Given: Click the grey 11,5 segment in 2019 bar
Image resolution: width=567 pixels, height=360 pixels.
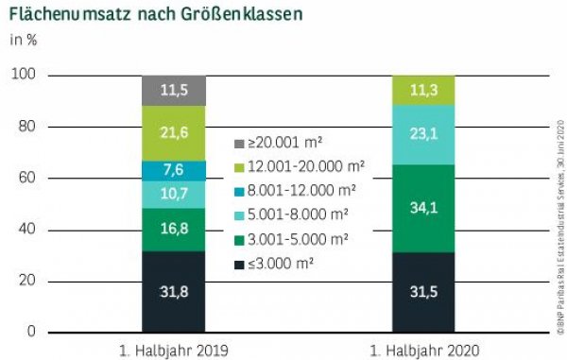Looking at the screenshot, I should [174, 91].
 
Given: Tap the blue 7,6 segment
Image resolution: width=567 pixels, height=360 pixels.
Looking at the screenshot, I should [174, 170].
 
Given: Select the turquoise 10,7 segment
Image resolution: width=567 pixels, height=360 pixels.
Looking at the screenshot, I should [174, 194].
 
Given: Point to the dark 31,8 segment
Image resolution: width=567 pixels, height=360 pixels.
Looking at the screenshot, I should [174, 291].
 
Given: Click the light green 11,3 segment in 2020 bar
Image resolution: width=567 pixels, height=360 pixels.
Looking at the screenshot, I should [422, 91].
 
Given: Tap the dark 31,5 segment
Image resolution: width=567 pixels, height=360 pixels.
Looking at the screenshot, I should [422, 291].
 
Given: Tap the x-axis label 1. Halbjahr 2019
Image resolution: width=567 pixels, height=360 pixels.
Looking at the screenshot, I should [175, 350].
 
